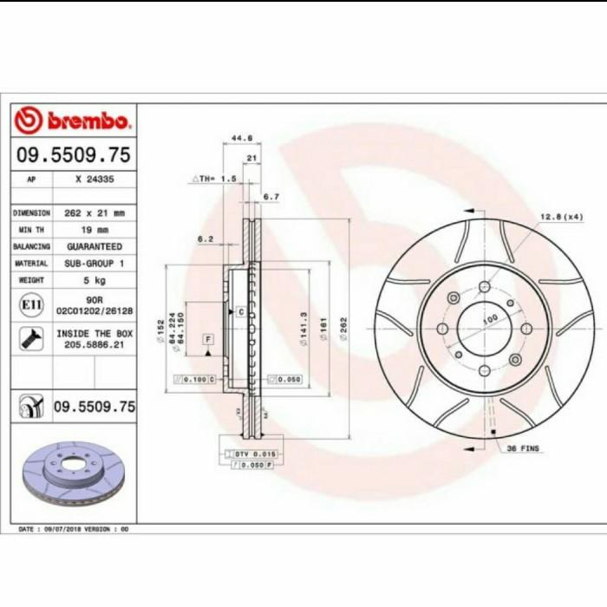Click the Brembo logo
tap(73, 121)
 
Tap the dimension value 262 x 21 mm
tap(95, 212)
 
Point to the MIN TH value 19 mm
tap(95, 230)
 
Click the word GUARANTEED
tap(95, 246)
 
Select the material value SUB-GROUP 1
tap(95, 263)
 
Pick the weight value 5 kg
tap(95, 280)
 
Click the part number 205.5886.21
tap(95, 344)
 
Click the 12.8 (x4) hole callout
tap(562, 216)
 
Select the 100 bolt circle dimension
tap(490, 320)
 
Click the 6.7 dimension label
tap(271, 197)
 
